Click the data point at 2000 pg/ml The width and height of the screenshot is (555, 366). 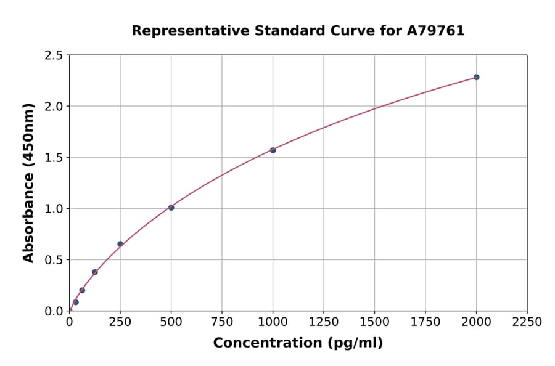point(476,77)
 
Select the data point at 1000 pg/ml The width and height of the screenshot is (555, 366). point(273,150)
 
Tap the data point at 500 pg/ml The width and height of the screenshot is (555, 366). point(171,208)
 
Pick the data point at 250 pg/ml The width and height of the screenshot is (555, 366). point(120,244)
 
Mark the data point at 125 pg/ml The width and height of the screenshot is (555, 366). point(95,272)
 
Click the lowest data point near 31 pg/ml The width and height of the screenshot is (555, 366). point(76,302)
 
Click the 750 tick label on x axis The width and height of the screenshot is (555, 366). point(222,322)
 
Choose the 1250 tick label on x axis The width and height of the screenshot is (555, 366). point(324,322)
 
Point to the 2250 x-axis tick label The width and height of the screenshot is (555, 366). point(527,322)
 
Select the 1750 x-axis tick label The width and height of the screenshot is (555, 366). point(425,322)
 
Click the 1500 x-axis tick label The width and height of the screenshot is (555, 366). point(374,322)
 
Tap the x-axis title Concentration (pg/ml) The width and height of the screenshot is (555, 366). point(298,343)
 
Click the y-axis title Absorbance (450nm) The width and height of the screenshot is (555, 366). point(28,183)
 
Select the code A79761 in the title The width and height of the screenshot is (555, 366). point(436,30)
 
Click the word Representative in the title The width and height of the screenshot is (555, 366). point(183,30)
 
